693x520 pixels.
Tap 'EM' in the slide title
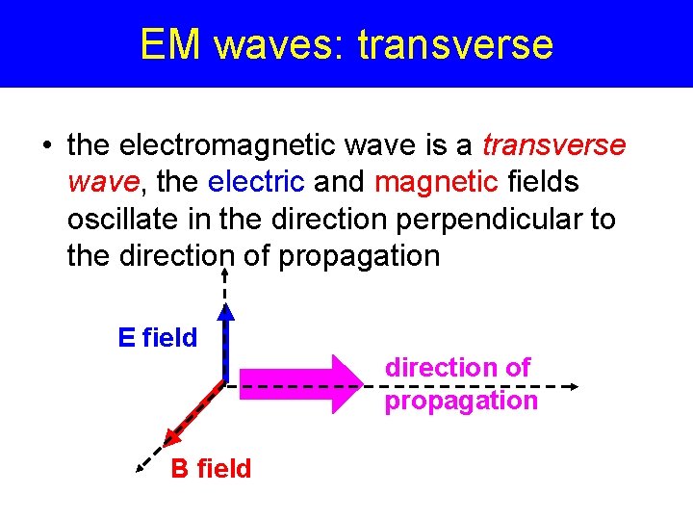(170, 44)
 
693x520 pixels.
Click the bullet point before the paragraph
(45, 146)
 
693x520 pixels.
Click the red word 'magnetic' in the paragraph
(430, 182)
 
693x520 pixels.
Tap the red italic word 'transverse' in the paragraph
(553, 145)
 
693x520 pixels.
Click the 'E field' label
(157, 338)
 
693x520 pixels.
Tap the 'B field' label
(211, 469)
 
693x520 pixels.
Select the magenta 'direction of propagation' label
(460, 383)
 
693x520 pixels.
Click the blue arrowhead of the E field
(224, 310)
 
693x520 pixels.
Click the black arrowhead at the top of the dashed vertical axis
(224, 273)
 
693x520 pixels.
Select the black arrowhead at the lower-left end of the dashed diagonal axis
(141, 468)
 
